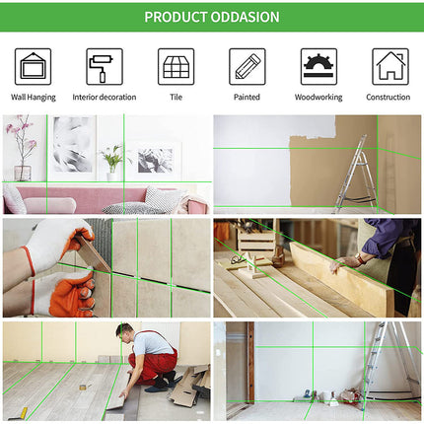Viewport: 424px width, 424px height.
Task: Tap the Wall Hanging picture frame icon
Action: (x=33, y=67)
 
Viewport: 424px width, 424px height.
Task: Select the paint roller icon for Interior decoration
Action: (x=104, y=67)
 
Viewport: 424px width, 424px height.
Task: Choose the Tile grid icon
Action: (x=176, y=67)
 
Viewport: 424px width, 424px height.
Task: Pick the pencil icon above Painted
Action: (x=247, y=67)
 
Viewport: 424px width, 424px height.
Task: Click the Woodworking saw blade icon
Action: (x=318, y=67)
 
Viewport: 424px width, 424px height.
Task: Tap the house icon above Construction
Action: (x=389, y=67)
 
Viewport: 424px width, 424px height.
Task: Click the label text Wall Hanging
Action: (x=33, y=98)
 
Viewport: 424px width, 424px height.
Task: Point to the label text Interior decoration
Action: (x=104, y=98)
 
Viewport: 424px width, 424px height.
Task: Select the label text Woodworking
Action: (x=318, y=98)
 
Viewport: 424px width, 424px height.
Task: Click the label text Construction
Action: (x=389, y=98)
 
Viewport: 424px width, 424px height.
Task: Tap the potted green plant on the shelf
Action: (x=113, y=158)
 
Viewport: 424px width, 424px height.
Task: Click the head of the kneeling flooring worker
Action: (x=124, y=332)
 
